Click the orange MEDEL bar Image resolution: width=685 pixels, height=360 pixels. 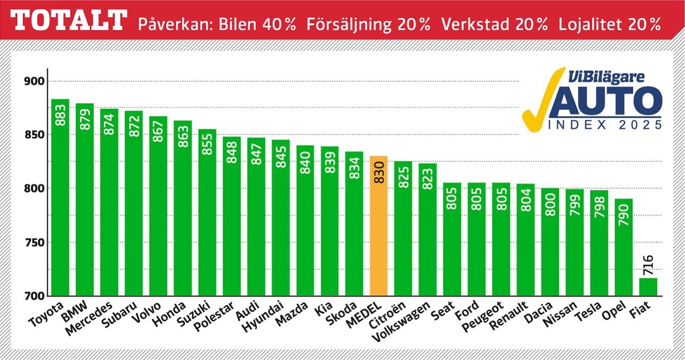pos(378,227)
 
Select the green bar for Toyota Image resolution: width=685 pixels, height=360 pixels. pos(60,198)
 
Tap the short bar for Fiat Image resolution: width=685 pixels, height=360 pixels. pos(648,287)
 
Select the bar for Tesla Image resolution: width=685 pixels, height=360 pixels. pos(599,243)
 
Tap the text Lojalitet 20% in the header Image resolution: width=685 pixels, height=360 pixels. pos(610,25)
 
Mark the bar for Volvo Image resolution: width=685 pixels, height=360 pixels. pos(158,206)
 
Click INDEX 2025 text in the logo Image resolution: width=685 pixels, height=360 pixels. pos(605,125)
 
